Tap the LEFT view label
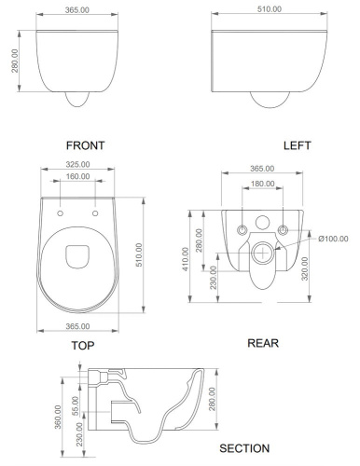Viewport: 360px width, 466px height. (297, 145)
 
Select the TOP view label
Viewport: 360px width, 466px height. (84, 345)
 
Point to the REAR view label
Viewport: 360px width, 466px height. (263, 342)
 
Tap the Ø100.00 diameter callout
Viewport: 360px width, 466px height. (334, 239)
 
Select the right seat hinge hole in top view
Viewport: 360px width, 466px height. (95, 213)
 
